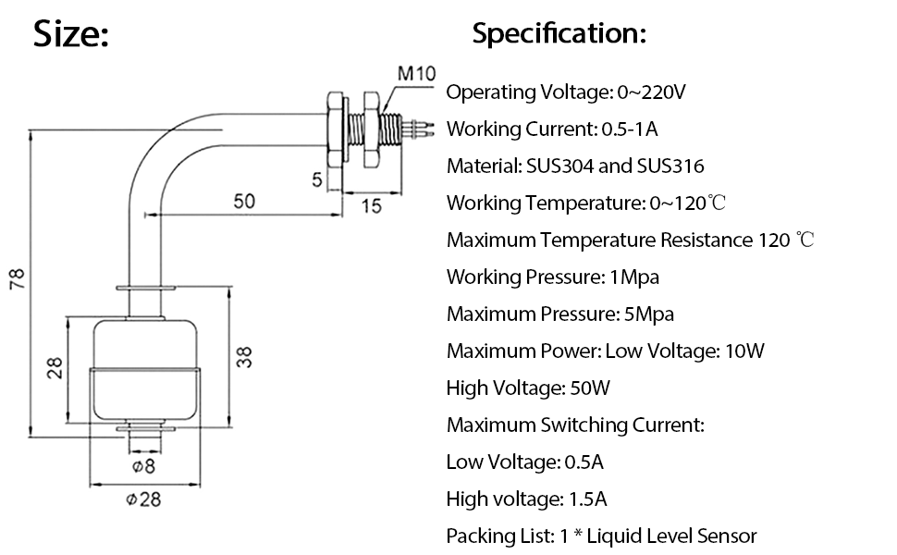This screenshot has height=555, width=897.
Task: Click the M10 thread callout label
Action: (x=416, y=73)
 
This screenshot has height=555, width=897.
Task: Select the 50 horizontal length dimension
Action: (x=244, y=202)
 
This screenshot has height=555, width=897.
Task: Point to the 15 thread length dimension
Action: (x=370, y=206)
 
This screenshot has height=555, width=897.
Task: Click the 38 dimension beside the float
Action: (x=244, y=358)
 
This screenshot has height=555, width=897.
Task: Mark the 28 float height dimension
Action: (x=55, y=368)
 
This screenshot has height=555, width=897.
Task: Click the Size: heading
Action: (x=71, y=34)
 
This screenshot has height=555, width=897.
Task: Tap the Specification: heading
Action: (x=559, y=34)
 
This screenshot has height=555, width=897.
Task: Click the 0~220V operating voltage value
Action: (x=649, y=92)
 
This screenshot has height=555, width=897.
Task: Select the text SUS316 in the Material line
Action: (x=670, y=166)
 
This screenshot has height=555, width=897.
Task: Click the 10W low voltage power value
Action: (x=744, y=351)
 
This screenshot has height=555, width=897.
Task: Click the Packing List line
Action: (x=601, y=536)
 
